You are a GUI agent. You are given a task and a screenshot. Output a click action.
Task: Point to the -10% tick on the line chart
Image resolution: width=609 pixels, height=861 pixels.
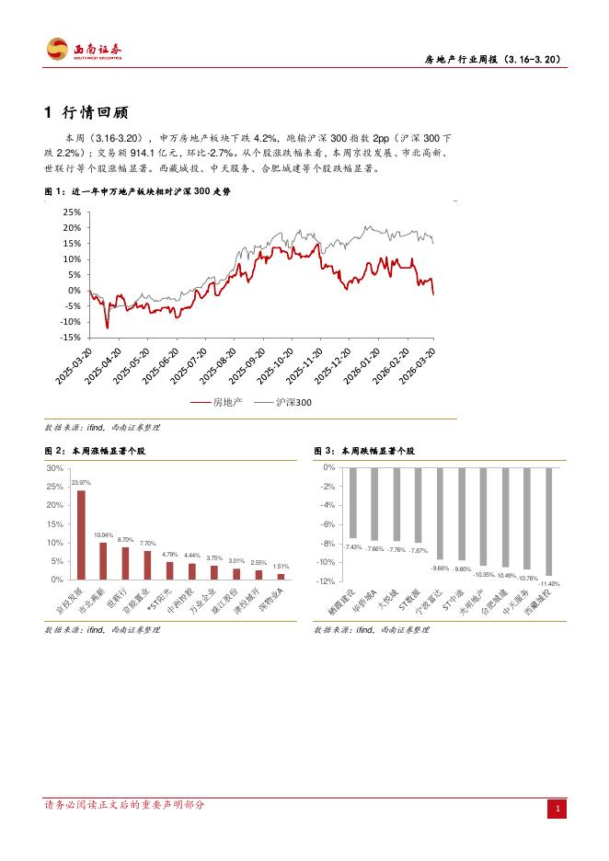point(69,322)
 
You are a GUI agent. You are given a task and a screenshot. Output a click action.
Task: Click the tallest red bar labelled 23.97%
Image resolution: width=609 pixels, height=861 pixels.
point(81,534)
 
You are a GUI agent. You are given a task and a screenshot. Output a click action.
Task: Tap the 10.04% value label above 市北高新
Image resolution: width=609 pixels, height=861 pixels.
point(103,535)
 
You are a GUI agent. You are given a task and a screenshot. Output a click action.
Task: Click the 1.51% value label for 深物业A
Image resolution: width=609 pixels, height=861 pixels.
point(281,567)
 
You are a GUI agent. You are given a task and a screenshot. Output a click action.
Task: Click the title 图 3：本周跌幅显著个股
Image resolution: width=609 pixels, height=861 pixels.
point(364,452)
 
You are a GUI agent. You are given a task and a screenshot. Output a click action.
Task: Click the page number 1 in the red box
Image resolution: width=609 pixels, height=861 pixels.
point(557,809)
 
